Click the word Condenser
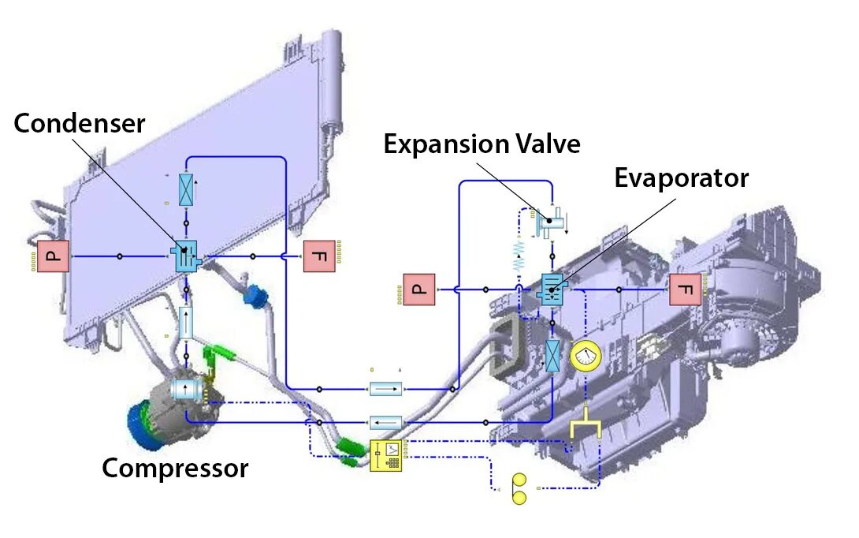point(80,124)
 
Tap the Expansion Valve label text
point(482,144)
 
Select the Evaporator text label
point(681,178)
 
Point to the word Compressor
point(175,469)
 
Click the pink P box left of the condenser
point(54,256)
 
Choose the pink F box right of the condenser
point(319,256)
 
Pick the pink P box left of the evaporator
point(418,289)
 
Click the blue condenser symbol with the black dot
point(187,255)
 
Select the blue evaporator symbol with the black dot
point(551,289)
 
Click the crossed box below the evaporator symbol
point(554,356)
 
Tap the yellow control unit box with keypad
point(386,456)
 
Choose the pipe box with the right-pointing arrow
point(385,389)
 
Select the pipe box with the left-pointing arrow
point(385,424)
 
